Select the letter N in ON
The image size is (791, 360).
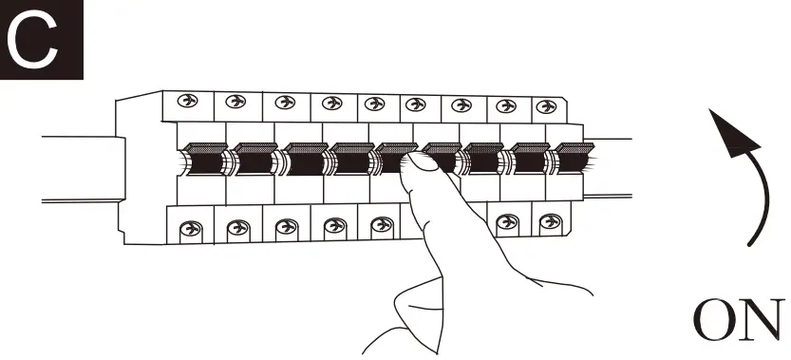click(x=763, y=320)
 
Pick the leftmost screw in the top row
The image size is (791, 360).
click(x=188, y=101)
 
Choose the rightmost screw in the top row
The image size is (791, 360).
click(x=546, y=106)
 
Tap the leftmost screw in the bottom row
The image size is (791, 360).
click(x=191, y=229)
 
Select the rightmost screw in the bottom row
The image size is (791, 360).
click(x=551, y=221)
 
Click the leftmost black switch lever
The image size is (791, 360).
click(x=204, y=159)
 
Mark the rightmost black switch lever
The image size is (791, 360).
click(x=574, y=158)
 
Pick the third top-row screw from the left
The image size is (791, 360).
click(x=285, y=102)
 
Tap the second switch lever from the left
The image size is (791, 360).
click(x=254, y=159)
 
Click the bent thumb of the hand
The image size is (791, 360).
click(x=419, y=313)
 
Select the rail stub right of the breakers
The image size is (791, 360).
click(x=608, y=167)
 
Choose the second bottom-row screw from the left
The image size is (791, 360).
click(x=238, y=228)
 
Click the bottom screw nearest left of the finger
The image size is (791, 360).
click(x=382, y=224)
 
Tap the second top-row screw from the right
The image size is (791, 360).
click(x=506, y=106)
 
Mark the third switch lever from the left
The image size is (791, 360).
click(x=304, y=159)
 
